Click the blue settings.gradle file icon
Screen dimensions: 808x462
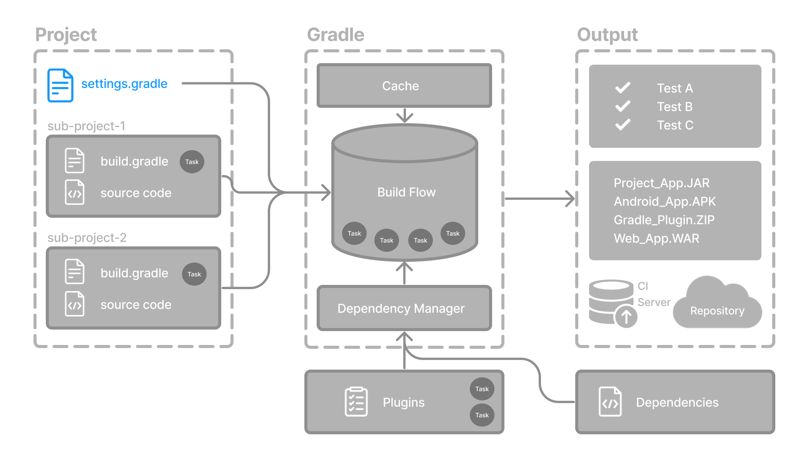coord(60,85)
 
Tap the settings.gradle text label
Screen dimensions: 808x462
coord(124,84)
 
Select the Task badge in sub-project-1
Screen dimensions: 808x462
coord(192,162)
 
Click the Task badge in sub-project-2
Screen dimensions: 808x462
coord(194,274)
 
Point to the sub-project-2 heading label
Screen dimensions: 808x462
coord(87,238)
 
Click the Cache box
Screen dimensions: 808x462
coord(404,85)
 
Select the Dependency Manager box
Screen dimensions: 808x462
coord(404,308)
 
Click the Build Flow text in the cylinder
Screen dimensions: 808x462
coord(406,192)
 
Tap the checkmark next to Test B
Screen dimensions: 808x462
coord(623,106)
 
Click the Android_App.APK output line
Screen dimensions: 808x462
coord(664,201)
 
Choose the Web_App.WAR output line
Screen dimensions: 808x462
coord(656,238)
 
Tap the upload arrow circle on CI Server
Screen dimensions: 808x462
coord(626,317)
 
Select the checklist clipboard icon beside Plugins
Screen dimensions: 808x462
coord(356,402)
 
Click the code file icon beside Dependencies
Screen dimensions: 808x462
coord(610,402)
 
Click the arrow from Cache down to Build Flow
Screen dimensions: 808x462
coord(404,115)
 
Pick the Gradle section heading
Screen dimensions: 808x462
coord(336,35)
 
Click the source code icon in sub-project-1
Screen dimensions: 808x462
coord(75,192)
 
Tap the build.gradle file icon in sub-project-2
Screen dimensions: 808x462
coord(75,271)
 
